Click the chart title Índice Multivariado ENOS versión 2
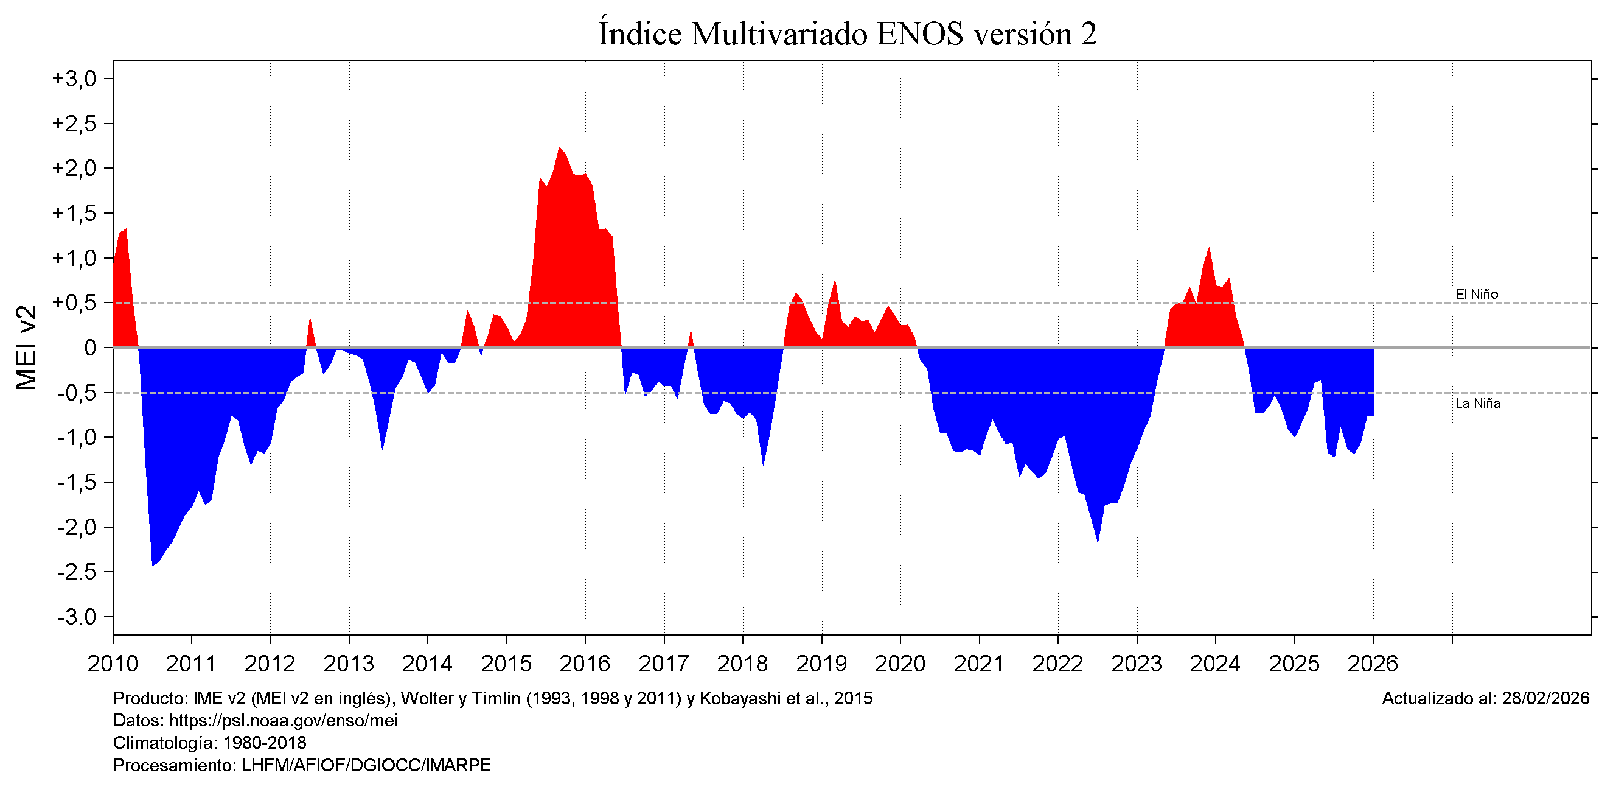pyautogui.click(x=847, y=34)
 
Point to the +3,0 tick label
pyautogui.click(x=75, y=79)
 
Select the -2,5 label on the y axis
pyautogui.click(x=77, y=572)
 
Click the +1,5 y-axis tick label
pyautogui.click(x=75, y=214)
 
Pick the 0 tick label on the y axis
pyautogui.click(x=90, y=348)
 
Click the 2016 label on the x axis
pyautogui.click(x=585, y=664)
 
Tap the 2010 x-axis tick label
pyautogui.click(x=113, y=664)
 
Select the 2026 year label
pyautogui.click(x=1373, y=664)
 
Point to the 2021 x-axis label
pyautogui.click(x=978, y=664)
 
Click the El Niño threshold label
pyautogui.click(x=1476, y=295)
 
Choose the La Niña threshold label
pyautogui.click(x=1477, y=404)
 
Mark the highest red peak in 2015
pyautogui.click(x=559, y=148)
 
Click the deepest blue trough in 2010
pyautogui.click(x=153, y=564)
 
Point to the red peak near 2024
pyautogui.click(x=1209, y=248)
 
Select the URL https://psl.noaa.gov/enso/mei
pyautogui.click(x=284, y=721)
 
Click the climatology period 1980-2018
pyautogui.click(x=264, y=743)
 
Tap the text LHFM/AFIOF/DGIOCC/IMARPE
pyautogui.click(x=366, y=766)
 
